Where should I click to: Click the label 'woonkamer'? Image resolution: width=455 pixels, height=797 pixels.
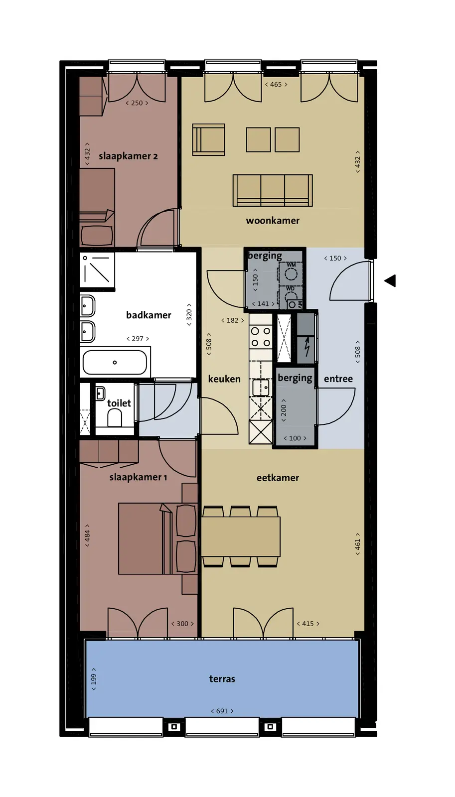(273, 221)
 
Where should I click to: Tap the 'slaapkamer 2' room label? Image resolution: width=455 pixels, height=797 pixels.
(128, 156)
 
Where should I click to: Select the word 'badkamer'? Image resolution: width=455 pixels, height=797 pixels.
(149, 315)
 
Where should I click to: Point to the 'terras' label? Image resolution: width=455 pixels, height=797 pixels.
(222, 678)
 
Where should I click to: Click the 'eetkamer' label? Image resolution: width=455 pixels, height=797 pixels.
(278, 478)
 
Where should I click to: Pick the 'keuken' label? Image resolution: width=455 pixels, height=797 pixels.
(224, 379)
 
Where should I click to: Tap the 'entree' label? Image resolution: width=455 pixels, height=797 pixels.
(338, 379)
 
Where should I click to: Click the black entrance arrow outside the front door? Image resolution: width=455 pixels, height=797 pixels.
(390, 281)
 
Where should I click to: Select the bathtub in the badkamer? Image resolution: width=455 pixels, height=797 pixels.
(115, 362)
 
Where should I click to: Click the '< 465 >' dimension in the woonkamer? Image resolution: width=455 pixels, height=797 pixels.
(276, 84)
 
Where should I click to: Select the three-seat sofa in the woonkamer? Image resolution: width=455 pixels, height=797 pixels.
(273, 190)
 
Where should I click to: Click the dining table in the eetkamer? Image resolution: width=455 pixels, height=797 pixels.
(241, 536)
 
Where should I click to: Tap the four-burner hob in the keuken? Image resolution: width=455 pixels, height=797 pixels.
(261, 337)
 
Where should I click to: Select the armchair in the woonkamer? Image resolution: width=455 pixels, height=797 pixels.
(209, 139)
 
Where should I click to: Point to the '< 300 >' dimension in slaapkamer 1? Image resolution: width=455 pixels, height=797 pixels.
(182, 623)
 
